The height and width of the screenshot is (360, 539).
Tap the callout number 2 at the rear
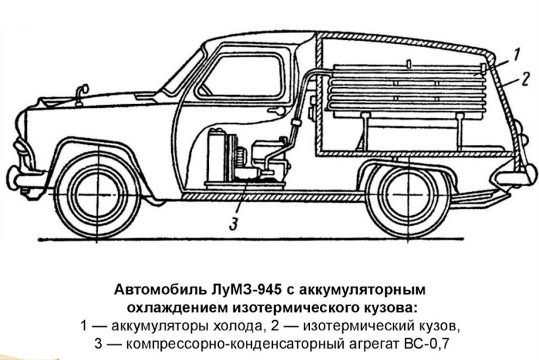point(526,79)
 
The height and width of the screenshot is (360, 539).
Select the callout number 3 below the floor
point(233,224)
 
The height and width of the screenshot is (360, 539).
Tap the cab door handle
point(277,111)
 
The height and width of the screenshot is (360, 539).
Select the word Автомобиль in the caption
point(159,289)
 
